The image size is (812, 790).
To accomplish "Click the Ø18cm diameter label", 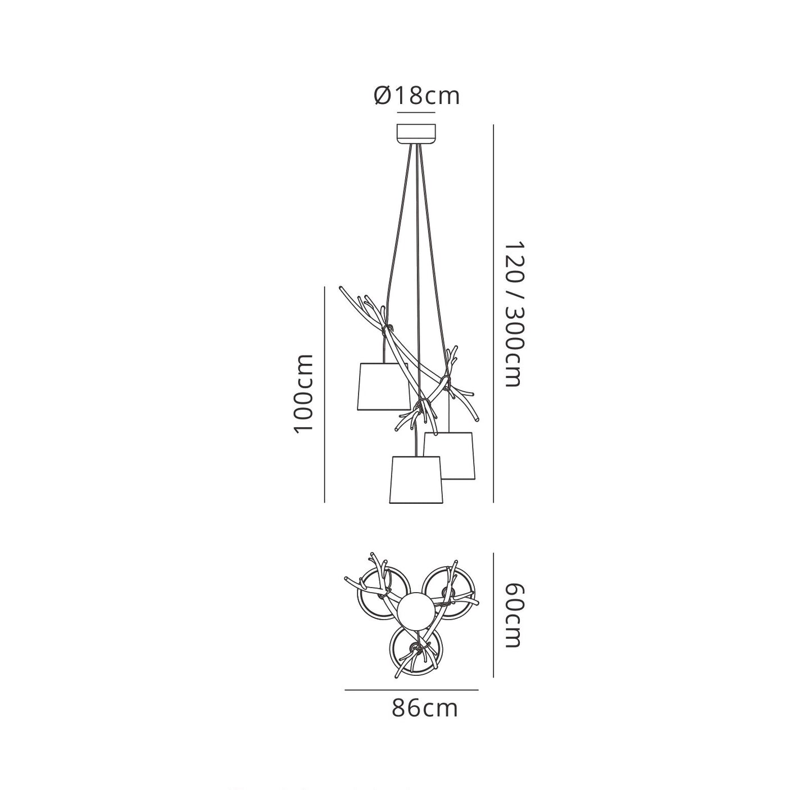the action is coord(417,96).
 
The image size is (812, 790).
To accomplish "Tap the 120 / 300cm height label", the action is coord(513,314).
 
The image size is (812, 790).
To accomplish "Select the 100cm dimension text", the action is coord(303,394).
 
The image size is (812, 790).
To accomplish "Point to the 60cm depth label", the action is coord(513,616).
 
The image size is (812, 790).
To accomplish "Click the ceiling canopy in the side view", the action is coord(416,134).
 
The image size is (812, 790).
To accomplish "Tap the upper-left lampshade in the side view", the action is coord(384,387).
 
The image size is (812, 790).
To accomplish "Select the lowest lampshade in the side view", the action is coord(415,480).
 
